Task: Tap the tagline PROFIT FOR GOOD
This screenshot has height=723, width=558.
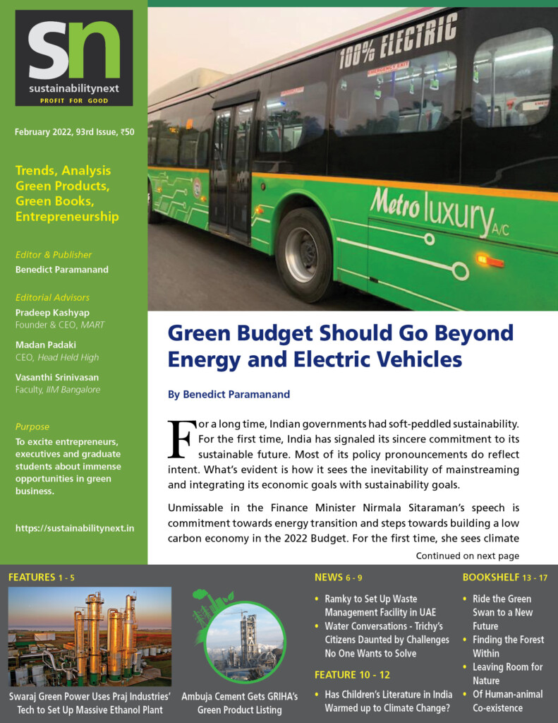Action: click(73, 101)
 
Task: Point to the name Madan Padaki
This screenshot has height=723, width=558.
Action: click(46, 345)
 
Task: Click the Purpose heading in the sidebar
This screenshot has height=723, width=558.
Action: click(32, 426)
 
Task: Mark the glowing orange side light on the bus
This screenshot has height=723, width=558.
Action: click(490, 261)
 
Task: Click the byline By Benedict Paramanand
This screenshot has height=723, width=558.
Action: click(229, 395)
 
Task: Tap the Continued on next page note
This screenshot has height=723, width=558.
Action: click(467, 556)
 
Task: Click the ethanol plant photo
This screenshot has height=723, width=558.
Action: click(90, 636)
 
